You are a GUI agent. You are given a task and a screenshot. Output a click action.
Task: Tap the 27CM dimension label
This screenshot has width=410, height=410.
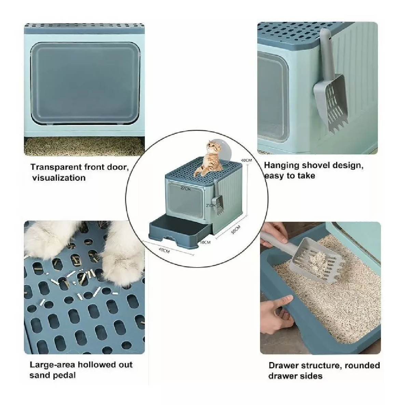click(x=186, y=189)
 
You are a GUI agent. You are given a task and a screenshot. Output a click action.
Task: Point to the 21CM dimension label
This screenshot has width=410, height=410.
click(x=210, y=205)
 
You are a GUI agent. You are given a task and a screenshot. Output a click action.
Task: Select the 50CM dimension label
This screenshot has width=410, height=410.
click(x=235, y=229)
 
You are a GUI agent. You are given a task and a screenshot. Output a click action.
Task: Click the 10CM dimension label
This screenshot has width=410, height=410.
click(x=205, y=242)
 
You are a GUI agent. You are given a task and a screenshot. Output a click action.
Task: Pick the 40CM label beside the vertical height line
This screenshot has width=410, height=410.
click(x=246, y=160)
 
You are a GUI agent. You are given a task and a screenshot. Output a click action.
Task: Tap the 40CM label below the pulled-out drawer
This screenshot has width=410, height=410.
click(x=164, y=250)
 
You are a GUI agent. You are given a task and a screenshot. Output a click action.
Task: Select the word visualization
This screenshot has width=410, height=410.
click(x=59, y=178)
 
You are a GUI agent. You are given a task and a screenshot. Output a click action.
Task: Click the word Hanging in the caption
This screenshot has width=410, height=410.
click(x=280, y=166)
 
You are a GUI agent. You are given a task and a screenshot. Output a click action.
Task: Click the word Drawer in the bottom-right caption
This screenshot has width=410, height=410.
click(x=284, y=366)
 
